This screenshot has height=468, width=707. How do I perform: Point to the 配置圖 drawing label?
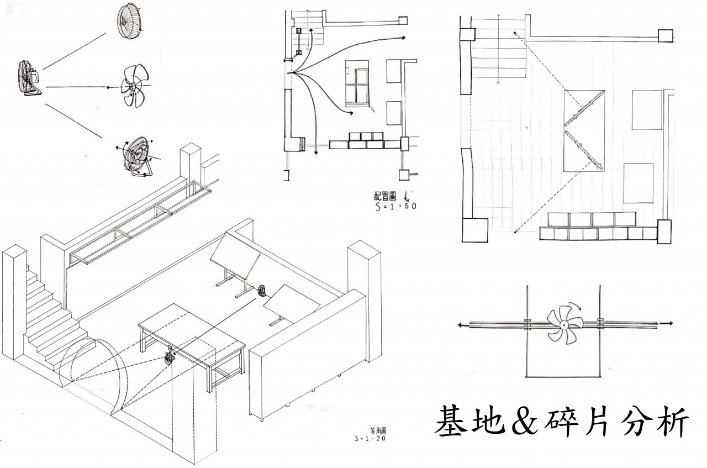tap(385, 197)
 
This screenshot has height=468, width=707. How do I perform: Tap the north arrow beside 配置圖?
tap(407, 195)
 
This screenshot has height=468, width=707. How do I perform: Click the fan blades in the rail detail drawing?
tap(562, 323)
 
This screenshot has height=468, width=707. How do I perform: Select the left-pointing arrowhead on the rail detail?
tap(460, 326)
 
